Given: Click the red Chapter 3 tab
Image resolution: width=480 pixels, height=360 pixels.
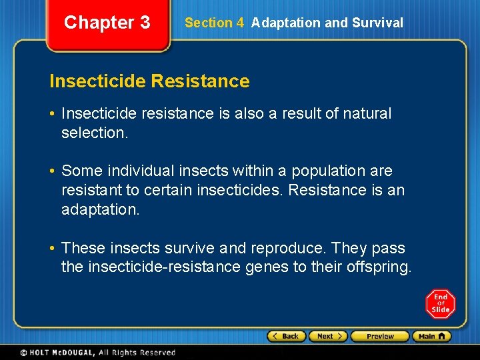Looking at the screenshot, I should pos(107,23).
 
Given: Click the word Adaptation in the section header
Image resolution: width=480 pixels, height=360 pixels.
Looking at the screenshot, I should pos(285,23).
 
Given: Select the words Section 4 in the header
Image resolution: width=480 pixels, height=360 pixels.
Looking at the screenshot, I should pos(214,23).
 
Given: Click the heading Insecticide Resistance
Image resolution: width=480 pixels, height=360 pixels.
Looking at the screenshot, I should pos(149,81).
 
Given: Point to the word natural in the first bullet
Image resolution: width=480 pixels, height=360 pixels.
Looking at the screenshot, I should pos(367,113).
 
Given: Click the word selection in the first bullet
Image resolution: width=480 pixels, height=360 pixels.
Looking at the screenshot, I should pos(93,133).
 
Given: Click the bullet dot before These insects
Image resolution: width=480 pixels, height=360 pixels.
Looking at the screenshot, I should pos(53,248).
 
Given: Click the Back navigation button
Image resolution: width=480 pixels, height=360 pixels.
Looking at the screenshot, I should pos(287,336).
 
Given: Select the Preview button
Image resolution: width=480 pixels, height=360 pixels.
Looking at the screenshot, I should pos(380,336).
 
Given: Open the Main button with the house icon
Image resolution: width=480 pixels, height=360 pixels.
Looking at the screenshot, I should pos(431,336).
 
